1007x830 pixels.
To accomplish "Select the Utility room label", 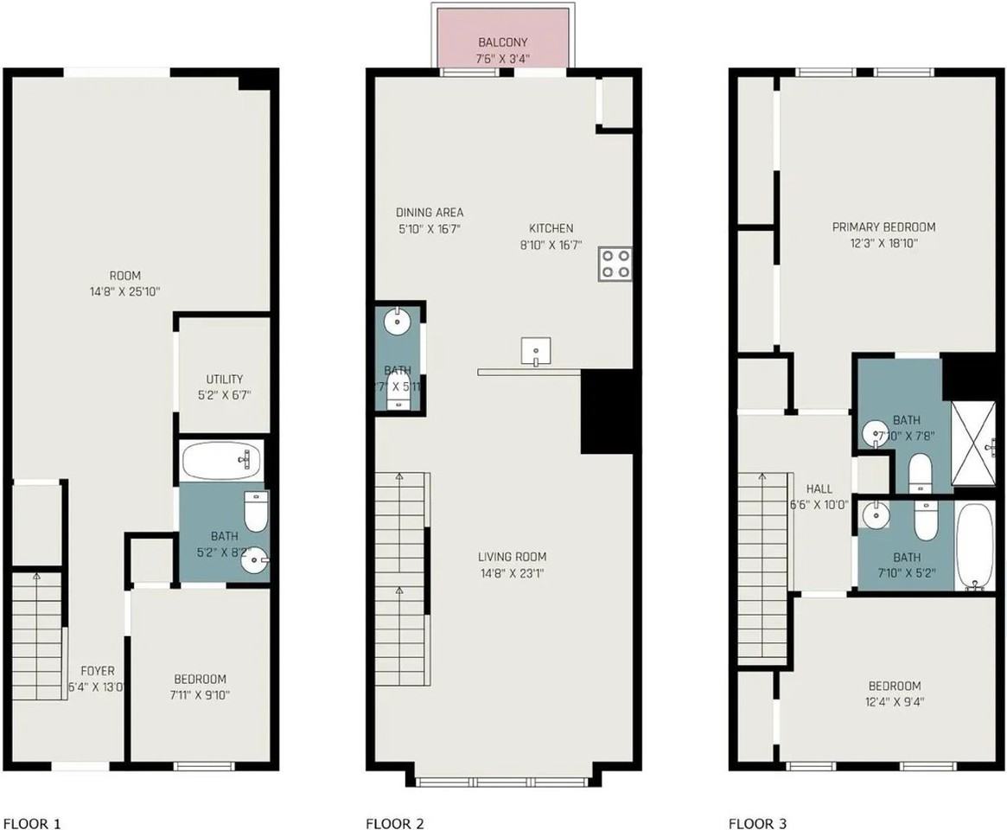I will click(224, 379).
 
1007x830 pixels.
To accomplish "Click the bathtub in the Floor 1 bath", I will click(223, 461).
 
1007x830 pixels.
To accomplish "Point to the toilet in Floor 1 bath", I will click(256, 512).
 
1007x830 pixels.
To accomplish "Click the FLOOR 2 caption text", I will click(395, 824).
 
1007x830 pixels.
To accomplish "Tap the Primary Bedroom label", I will click(883, 227).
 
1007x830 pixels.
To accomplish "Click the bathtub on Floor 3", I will click(977, 546).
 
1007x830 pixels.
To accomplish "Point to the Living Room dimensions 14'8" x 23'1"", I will click(513, 572).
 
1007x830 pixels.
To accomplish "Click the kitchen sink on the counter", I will click(536, 350).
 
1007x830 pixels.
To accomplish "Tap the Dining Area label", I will click(430, 213).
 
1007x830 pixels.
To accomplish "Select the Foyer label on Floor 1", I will click(97, 671).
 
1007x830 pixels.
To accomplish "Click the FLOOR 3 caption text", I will click(758, 824).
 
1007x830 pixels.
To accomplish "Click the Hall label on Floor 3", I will click(819, 488).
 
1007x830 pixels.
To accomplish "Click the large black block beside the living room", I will click(608, 412).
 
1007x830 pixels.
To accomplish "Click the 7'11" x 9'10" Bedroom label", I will click(200, 693).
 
